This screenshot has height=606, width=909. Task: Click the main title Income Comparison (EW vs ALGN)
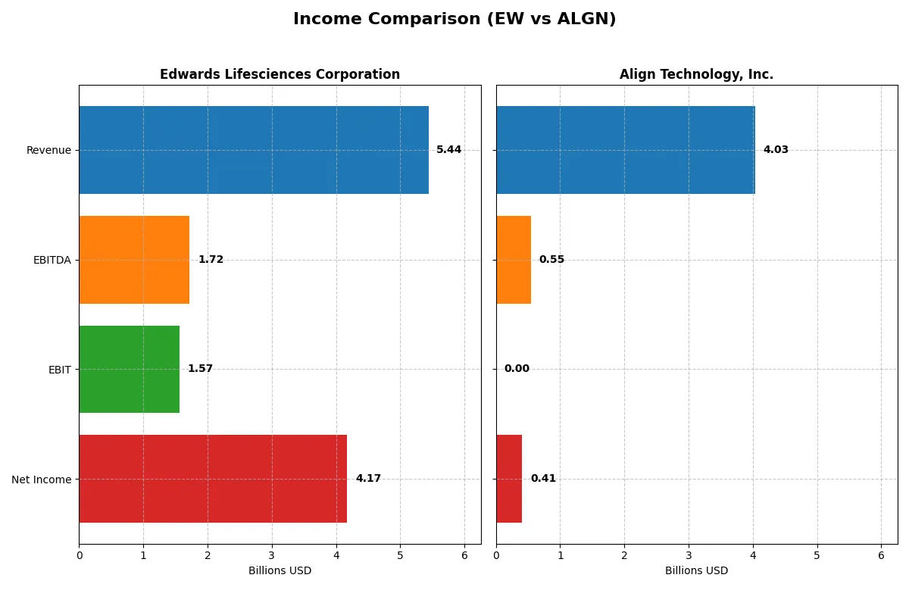(x=454, y=20)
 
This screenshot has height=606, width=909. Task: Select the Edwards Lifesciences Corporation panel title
(x=280, y=74)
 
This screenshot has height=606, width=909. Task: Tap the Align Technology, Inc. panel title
(x=696, y=74)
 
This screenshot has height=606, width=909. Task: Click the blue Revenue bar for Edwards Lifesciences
(x=254, y=150)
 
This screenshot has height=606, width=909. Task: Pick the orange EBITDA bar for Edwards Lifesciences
(x=134, y=260)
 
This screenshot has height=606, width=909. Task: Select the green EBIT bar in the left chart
(x=130, y=369)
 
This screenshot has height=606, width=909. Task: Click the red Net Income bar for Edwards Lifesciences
(x=213, y=479)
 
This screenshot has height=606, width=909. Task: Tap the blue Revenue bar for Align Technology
(x=626, y=150)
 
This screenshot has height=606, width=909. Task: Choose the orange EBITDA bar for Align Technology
(x=514, y=260)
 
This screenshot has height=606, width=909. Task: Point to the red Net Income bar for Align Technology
(x=509, y=479)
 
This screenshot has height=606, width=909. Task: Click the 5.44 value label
(x=448, y=150)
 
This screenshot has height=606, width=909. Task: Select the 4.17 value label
(x=368, y=479)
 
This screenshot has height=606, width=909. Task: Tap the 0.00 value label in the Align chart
(x=517, y=369)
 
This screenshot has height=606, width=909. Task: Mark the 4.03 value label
(x=776, y=150)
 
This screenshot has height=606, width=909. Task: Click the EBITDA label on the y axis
(x=52, y=260)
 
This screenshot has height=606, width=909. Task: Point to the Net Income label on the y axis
(x=42, y=479)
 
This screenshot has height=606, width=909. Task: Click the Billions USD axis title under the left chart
(x=280, y=570)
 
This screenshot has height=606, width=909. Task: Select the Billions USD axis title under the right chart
(x=696, y=570)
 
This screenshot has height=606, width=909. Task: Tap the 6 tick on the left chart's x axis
(x=464, y=554)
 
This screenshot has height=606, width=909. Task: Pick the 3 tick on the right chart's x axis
(x=689, y=554)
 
